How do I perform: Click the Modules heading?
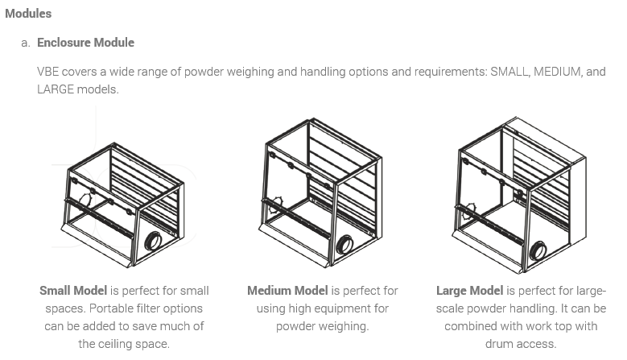28,13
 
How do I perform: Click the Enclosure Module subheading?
85,42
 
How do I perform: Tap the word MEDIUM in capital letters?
559,72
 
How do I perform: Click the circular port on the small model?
153,241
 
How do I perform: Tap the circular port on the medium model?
344,244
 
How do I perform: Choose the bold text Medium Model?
287,291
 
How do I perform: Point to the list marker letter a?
25,42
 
